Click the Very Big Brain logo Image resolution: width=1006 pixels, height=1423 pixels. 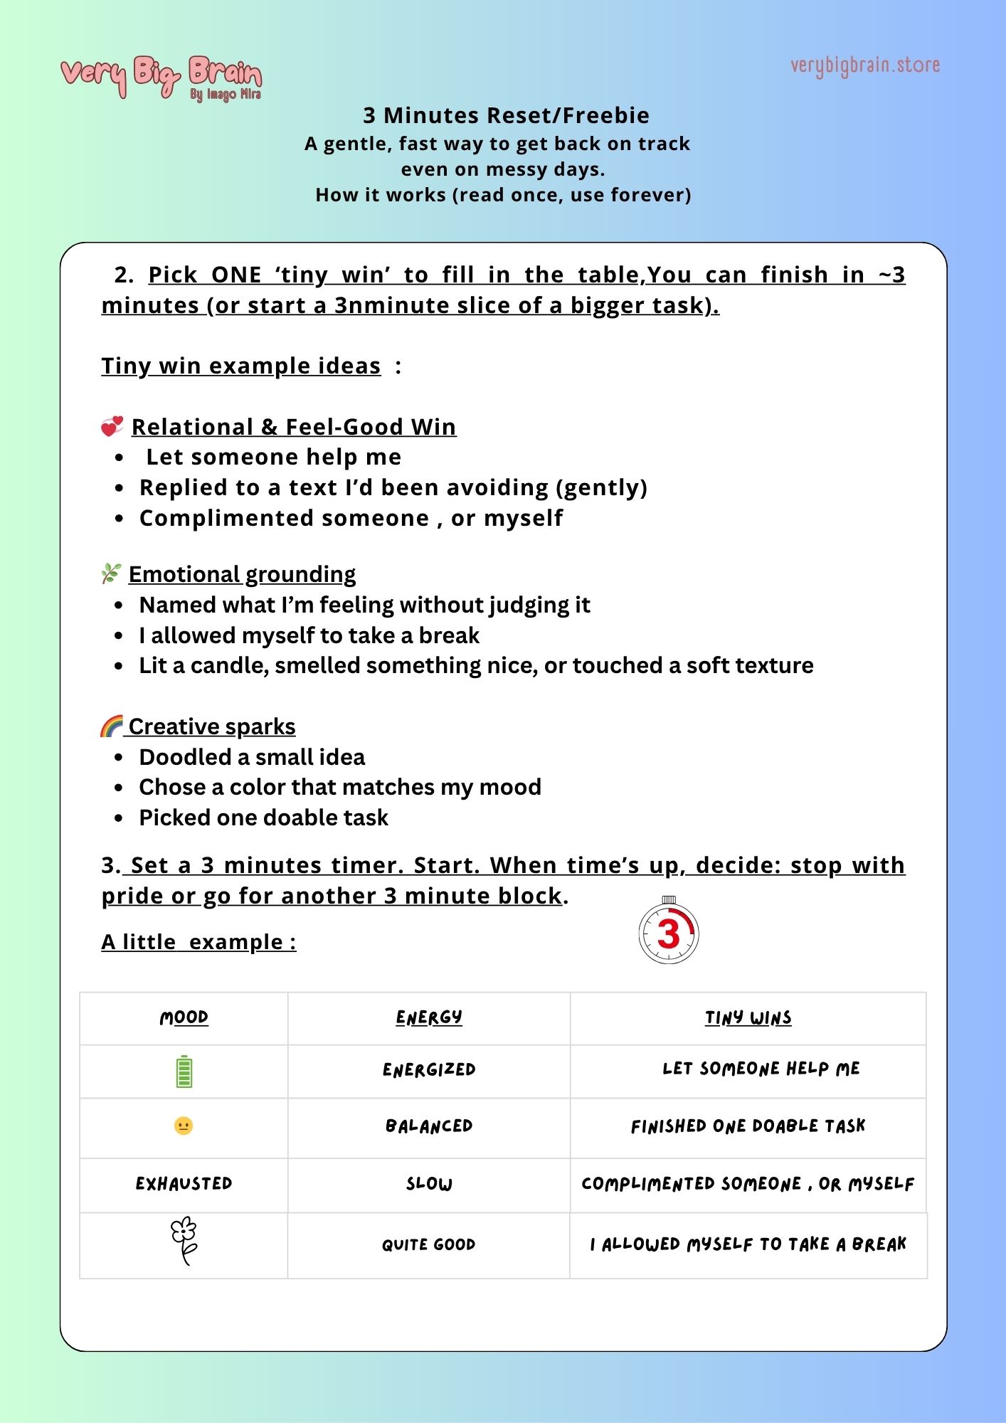click(161, 77)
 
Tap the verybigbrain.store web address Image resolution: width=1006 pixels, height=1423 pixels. click(864, 65)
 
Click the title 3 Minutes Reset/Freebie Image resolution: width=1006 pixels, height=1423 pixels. click(506, 115)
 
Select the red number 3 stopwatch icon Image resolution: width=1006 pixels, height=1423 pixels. click(669, 933)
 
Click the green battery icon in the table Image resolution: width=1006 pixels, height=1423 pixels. click(184, 1072)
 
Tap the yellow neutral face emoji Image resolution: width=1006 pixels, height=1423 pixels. click(184, 1126)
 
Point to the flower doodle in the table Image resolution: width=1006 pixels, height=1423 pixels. click(184, 1242)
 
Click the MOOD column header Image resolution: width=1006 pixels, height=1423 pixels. click(184, 1017)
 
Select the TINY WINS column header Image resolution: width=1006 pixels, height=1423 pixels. click(748, 1018)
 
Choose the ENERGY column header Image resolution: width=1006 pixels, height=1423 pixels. click(428, 1017)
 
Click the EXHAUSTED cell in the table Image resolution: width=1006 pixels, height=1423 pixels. click(184, 1183)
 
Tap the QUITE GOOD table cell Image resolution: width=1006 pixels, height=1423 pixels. click(428, 1244)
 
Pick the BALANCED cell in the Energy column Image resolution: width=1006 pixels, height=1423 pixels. click(428, 1126)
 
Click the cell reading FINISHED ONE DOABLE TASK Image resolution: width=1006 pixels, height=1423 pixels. click(748, 1126)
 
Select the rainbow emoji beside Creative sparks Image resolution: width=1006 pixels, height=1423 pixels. click(112, 726)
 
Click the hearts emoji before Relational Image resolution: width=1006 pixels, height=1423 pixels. click(112, 426)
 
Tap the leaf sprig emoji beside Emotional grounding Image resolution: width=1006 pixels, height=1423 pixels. click(111, 573)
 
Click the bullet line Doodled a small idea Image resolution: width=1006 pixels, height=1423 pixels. click(252, 757)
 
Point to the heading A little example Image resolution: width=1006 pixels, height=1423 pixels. click(198, 942)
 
